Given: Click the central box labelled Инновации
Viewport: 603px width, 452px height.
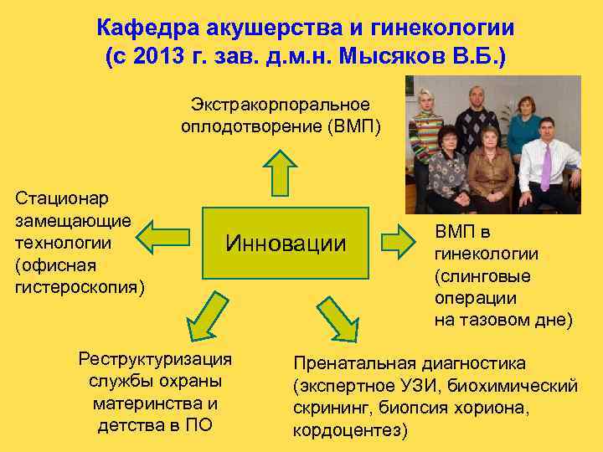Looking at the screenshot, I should coord(285,244).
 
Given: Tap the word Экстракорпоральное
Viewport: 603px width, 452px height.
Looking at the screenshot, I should coord(280,105).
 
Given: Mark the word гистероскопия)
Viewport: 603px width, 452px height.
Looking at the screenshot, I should coord(80,288).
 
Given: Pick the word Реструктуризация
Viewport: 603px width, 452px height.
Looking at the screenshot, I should coord(155,359).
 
